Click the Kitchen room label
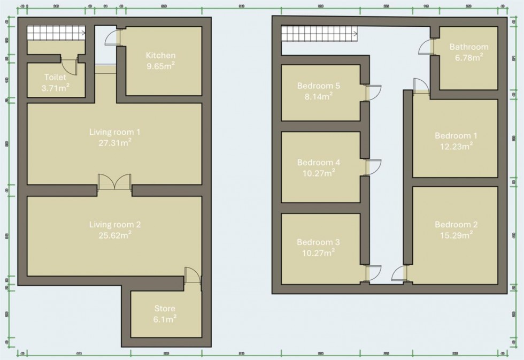pos(160,55)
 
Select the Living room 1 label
pos(111,131)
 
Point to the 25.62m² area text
pos(111,234)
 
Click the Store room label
pos(165,309)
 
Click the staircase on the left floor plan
pos(56,33)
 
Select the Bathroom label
pos(468,47)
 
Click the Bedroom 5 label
pos(319,86)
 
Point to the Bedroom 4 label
pos(319,162)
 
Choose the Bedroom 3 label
pos(319,242)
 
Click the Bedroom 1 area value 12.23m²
pos(460,145)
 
